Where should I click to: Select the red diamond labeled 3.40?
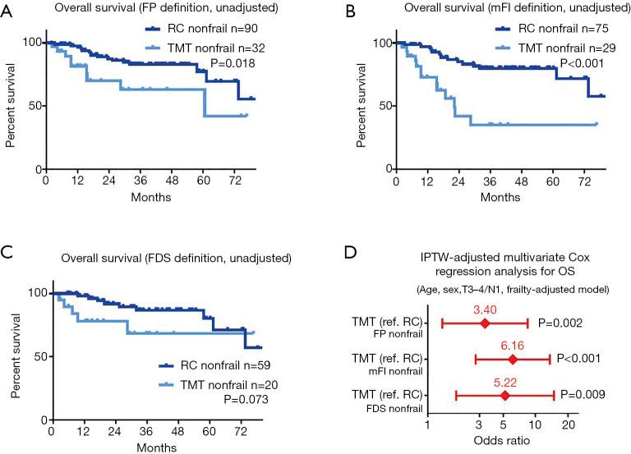[x=484, y=323]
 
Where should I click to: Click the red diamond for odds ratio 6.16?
[x=512, y=360]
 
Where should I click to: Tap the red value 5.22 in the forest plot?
[x=504, y=382]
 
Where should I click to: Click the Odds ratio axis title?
[x=503, y=443]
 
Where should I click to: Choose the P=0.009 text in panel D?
[x=582, y=395]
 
